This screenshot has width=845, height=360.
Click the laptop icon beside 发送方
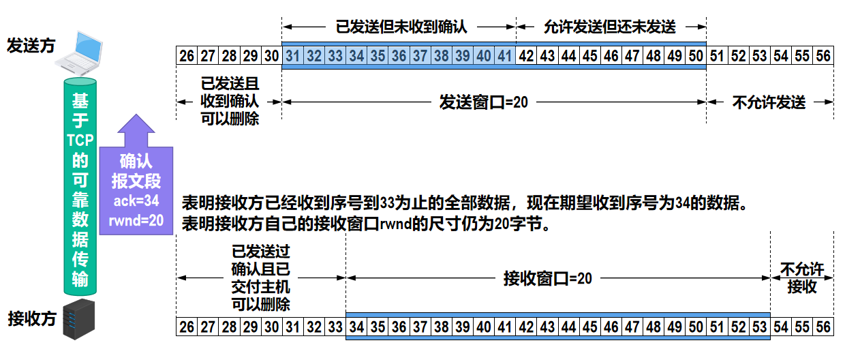[x=79, y=54]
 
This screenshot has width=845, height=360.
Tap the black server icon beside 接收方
[x=78, y=319]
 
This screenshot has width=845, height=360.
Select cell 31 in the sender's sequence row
[x=292, y=56]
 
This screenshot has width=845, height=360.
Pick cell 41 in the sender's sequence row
[x=505, y=56]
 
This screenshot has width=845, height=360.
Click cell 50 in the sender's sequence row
[x=696, y=56]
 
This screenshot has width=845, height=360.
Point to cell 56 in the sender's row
[x=823, y=56]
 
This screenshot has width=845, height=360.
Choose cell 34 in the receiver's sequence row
[x=356, y=327]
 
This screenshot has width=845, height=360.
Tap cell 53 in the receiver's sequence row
[x=759, y=327]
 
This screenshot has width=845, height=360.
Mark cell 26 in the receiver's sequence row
[x=186, y=327]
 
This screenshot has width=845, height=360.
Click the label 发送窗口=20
[x=484, y=102]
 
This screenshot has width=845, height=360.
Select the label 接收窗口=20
[x=548, y=278]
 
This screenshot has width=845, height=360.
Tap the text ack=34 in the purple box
[x=136, y=200]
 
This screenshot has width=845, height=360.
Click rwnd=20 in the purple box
[x=136, y=220]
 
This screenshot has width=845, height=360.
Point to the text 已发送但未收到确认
[x=401, y=27]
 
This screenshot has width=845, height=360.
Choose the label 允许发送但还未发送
[x=610, y=27]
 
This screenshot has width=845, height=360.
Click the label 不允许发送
[x=769, y=102]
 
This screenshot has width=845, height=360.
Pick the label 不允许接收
[x=802, y=278]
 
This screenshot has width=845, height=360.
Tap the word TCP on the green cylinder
[x=80, y=140]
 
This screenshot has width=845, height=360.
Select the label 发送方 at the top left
[x=31, y=46]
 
